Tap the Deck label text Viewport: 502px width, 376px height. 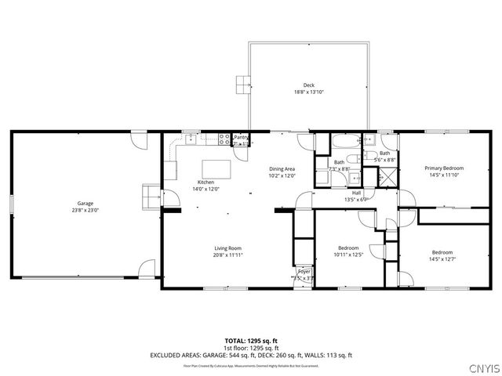[308, 85]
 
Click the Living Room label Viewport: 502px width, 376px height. [227, 248]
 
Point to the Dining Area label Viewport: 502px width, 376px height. [282, 169]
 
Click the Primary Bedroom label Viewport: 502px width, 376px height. [444, 168]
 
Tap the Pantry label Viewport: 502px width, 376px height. [242, 137]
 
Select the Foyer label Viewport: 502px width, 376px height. [305, 271]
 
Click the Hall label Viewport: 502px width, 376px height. [356, 193]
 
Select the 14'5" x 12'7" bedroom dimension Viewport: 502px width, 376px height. [442, 258]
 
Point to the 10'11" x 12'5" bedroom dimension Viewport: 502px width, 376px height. [348, 254]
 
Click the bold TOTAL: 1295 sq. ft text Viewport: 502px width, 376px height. [251, 341]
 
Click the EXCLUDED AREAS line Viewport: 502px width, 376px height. [251, 355]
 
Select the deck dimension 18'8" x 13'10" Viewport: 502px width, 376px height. [308, 92]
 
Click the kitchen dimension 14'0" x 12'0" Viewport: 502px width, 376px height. [206, 189]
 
